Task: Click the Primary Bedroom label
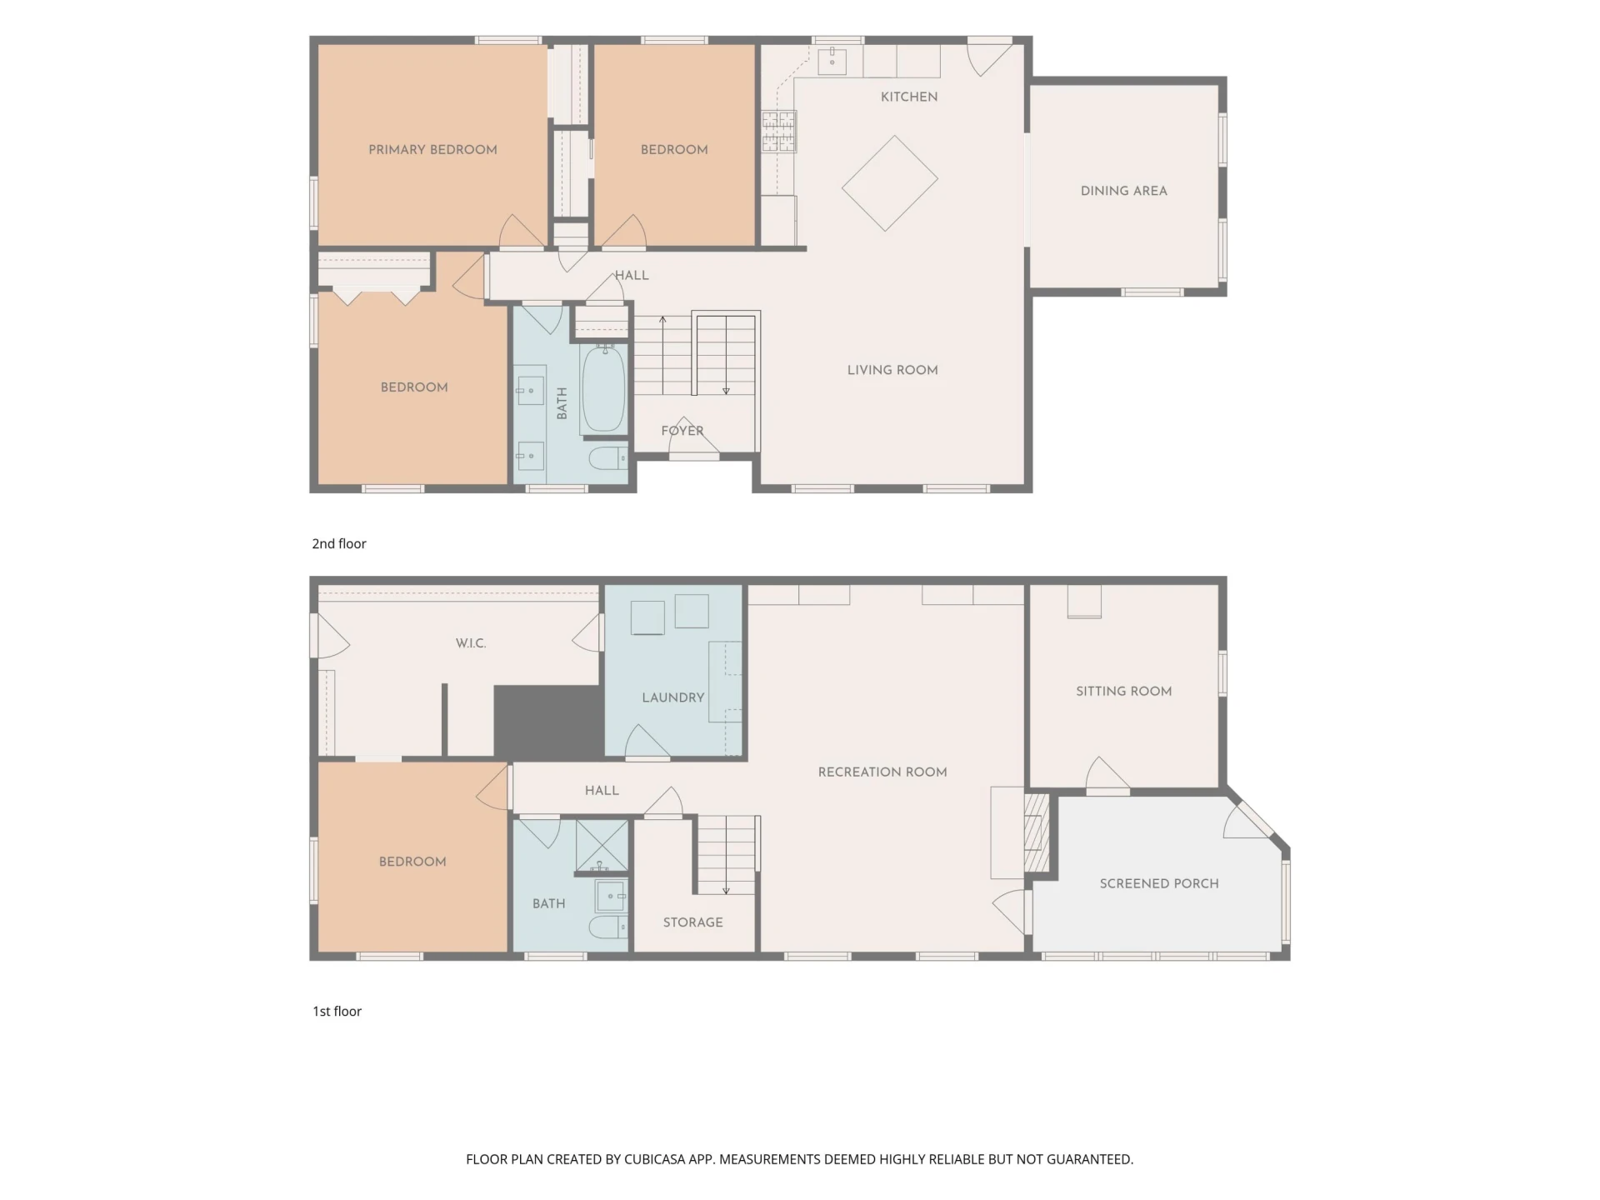pos(432,150)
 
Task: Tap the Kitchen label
pos(909,97)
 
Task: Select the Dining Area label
pos(1123,191)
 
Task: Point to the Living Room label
pos(892,370)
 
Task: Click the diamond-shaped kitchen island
pos(890,183)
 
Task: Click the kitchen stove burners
pos(778,132)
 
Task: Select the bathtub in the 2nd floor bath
pos(603,389)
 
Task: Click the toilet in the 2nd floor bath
pos(607,458)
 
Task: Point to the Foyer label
pos(682,431)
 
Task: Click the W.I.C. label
pos(471,643)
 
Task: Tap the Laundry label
pos(673,697)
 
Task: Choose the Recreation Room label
pos(882,772)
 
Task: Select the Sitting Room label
pos(1123,691)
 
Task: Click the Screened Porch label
pos(1159,883)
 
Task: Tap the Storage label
pos(693,922)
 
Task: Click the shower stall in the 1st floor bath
pos(602,847)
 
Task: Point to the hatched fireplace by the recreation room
pos(1036,832)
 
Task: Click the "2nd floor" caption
pos(339,543)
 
